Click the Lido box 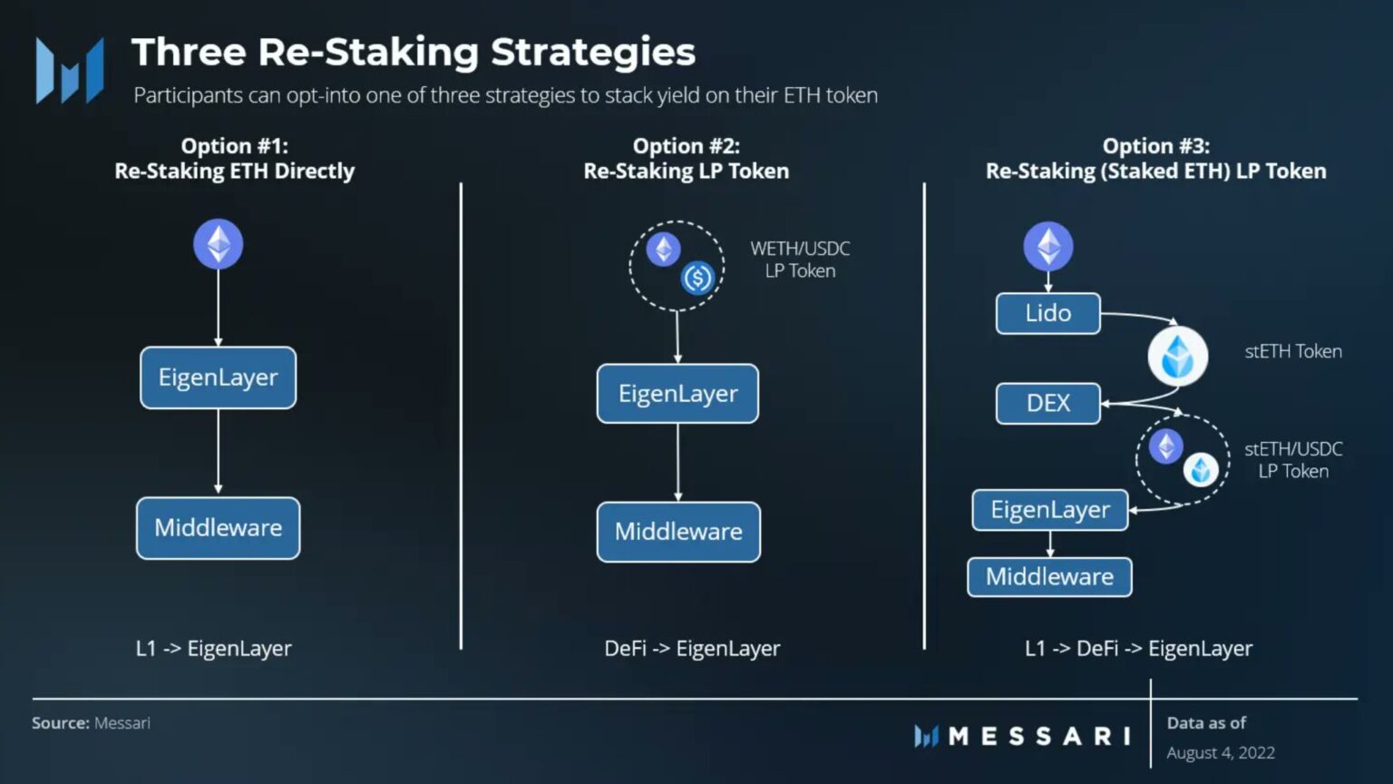pyautogui.click(x=1047, y=313)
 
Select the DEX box pyautogui.click(x=1047, y=403)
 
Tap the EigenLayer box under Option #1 pyautogui.click(x=218, y=377)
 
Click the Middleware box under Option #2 pyautogui.click(x=678, y=532)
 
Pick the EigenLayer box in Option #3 pyautogui.click(x=1049, y=510)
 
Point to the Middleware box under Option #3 pyautogui.click(x=1049, y=577)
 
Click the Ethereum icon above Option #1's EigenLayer pyautogui.click(x=219, y=244)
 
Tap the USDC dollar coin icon pyautogui.click(x=697, y=278)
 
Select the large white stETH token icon pyautogui.click(x=1177, y=357)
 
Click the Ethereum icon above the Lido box pyautogui.click(x=1048, y=246)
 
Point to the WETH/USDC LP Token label pyautogui.click(x=800, y=260)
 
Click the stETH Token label pyautogui.click(x=1292, y=351)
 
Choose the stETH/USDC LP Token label pyautogui.click(x=1292, y=460)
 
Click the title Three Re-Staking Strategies pyautogui.click(x=414, y=52)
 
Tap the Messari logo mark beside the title pyautogui.click(x=70, y=70)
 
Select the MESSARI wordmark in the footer pyautogui.click(x=1038, y=736)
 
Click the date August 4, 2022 pyautogui.click(x=1220, y=752)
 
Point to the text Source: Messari pyautogui.click(x=91, y=723)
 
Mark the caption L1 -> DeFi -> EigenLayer pyautogui.click(x=1138, y=649)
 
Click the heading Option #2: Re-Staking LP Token pyautogui.click(x=687, y=159)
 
